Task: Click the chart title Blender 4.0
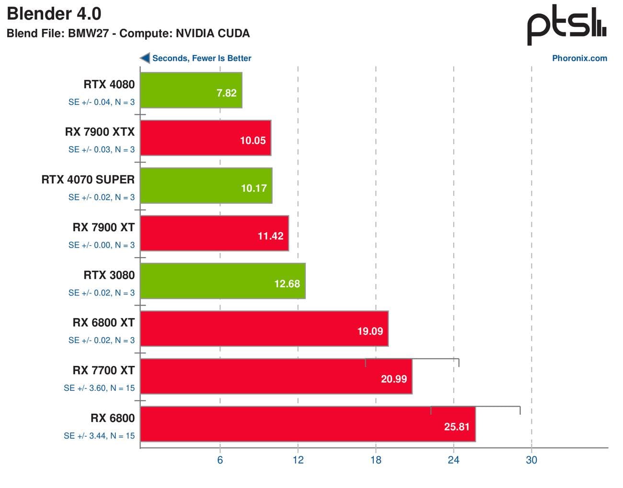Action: pos(54,14)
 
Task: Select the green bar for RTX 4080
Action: pos(191,90)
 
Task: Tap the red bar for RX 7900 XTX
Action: pos(205,138)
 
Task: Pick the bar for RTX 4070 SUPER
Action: pos(206,185)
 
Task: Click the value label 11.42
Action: pos(270,236)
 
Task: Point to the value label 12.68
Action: pos(287,284)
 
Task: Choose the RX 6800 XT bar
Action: pos(264,329)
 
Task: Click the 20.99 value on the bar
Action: pos(393,379)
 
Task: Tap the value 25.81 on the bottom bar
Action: pos(456,426)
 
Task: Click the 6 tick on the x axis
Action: pos(220,460)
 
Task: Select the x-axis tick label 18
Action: pos(376,460)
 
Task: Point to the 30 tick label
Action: pos(531,460)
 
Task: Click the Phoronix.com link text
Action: pos(579,58)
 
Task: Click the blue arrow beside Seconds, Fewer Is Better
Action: pos(144,58)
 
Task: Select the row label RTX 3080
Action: pos(109,275)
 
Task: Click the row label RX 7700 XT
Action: pos(104,370)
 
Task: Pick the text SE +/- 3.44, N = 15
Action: pos(99,436)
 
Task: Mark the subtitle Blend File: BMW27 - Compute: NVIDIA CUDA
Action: pos(128,34)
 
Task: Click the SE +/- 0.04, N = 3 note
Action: pos(101,102)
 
